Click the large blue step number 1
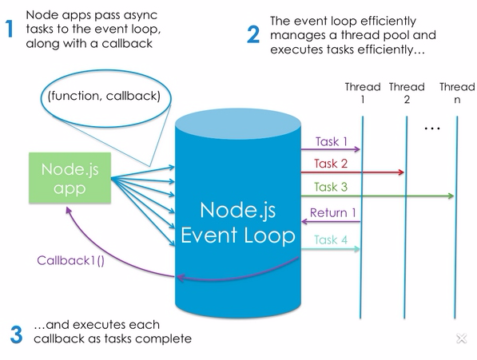pos(10,29)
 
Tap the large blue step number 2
pos(253,34)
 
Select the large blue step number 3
pos(16,334)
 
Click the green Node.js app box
pos(70,178)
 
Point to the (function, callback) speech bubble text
pos(104,96)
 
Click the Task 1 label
pos(332,141)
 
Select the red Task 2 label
pos(331,164)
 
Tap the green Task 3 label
pos(331,187)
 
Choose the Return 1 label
pos(333,212)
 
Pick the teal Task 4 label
pos(331,240)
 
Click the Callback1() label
pos(70,261)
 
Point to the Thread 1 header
pos(363,93)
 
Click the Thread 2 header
pos(407,93)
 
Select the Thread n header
pos(457,93)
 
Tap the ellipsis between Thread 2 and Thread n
pos(432,129)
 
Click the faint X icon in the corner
pos(462,338)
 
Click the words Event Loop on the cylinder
pos(238,235)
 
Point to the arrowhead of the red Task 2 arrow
pos(401,172)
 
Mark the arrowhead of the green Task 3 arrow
pos(451,196)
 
